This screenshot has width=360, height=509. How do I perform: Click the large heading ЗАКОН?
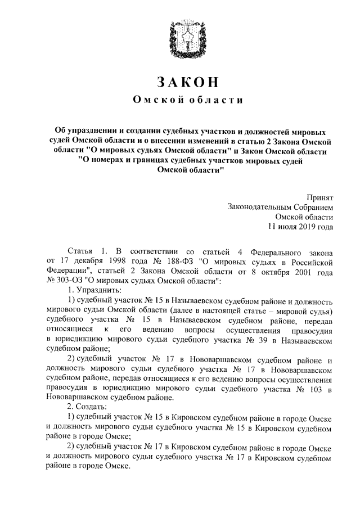click(x=180, y=82)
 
